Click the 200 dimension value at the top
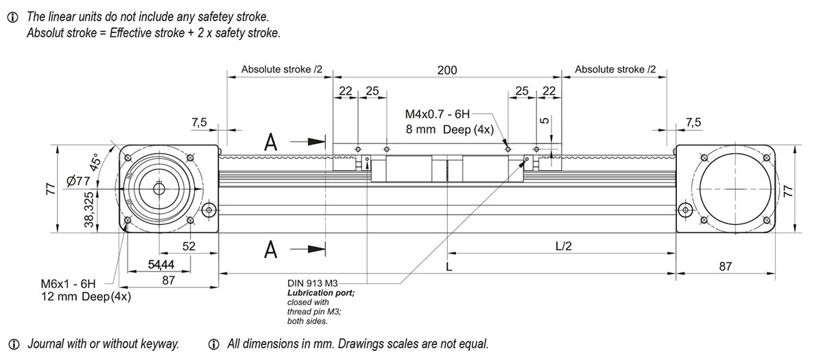447,70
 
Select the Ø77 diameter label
80,181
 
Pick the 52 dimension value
189,246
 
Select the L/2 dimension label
562,246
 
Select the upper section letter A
272,142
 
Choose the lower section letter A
272,251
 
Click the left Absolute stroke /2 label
281,70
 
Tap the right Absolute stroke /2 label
615,70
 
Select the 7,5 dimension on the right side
693,122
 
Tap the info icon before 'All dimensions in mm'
214,344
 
